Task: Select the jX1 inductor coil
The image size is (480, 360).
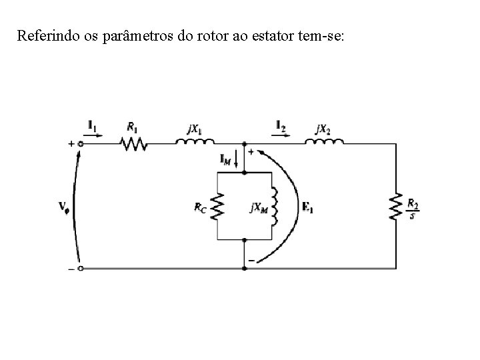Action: pos(195,141)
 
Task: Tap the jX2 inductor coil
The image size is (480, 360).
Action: pos(324,141)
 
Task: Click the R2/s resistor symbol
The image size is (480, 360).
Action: pos(396,206)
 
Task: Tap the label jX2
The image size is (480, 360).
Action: pos(323,128)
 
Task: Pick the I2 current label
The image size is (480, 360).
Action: pos(281,124)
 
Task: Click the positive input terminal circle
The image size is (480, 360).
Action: pos(81,143)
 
